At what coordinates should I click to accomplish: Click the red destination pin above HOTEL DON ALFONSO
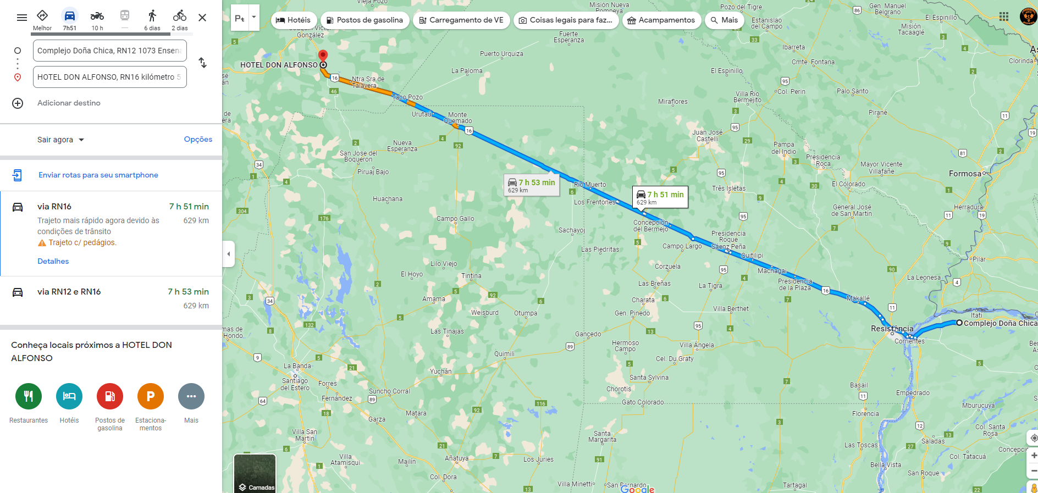[x=323, y=56]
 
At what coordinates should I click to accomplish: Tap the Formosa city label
[x=965, y=174]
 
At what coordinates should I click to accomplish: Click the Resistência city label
[x=892, y=329]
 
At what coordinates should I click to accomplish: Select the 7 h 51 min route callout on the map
[x=660, y=197]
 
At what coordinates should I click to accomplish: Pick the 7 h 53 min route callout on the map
[x=532, y=185]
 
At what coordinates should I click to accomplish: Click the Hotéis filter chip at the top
[x=294, y=20]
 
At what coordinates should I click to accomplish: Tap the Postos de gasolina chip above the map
[x=365, y=20]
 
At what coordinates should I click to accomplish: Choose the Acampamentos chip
[x=661, y=20]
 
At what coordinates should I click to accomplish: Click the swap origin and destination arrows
[x=203, y=63]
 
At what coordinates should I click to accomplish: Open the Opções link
[x=198, y=140]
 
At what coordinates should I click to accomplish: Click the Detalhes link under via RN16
[x=53, y=261]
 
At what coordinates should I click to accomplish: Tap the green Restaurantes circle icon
[x=29, y=396]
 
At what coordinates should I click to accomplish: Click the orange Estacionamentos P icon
[x=151, y=396]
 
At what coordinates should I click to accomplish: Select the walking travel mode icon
[x=152, y=16]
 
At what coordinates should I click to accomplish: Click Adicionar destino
[x=69, y=103]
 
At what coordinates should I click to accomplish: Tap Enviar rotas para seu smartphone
[x=98, y=175]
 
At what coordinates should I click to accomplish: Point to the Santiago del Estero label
[x=295, y=384]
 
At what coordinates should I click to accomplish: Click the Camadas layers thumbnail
[x=255, y=473]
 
